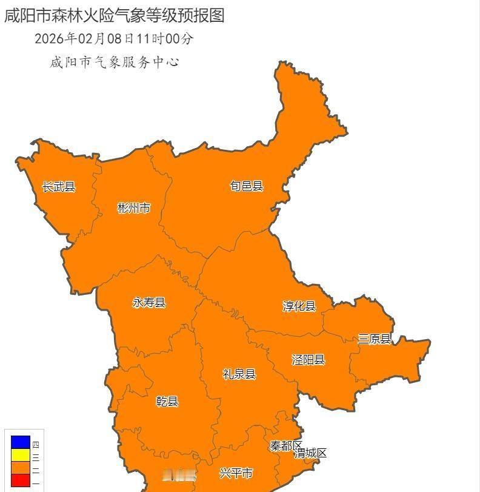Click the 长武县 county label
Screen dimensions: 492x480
click(x=59, y=187)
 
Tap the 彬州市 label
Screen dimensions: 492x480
click(x=133, y=209)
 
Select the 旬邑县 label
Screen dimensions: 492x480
click(x=247, y=186)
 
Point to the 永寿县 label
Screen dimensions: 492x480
click(x=149, y=303)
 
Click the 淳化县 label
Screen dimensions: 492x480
click(x=299, y=306)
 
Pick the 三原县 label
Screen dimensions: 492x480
click(x=374, y=339)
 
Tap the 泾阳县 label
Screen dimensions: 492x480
click(x=308, y=360)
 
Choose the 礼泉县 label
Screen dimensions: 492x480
click(x=239, y=374)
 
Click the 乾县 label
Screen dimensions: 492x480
click(x=167, y=401)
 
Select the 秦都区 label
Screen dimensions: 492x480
click(x=285, y=446)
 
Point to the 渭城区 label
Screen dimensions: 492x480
click(x=311, y=453)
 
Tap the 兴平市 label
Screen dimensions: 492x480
click(x=236, y=473)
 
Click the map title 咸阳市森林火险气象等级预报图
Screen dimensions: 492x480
click(x=115, y=15)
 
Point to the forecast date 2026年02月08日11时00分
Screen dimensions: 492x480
click(x=114, y=39)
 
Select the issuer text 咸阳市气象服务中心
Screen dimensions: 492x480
click(x=114, y=62)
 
